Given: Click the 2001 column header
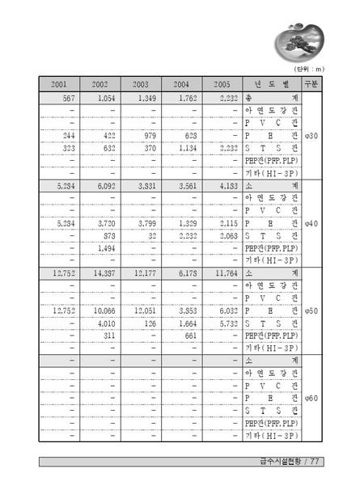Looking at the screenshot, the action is (59, 84).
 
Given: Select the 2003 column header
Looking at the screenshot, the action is (141, 84).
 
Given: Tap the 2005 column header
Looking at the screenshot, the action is (222, 84).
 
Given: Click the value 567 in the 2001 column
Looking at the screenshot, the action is (66, 98).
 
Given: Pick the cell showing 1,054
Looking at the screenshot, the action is (104, 98).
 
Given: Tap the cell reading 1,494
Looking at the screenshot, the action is (106, 248).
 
